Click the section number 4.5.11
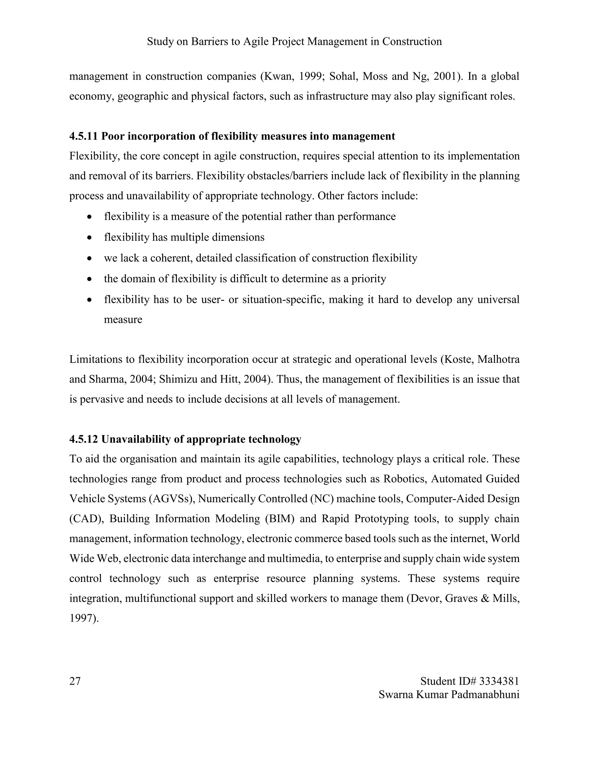click(83, 136)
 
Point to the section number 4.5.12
click(83, 439)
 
